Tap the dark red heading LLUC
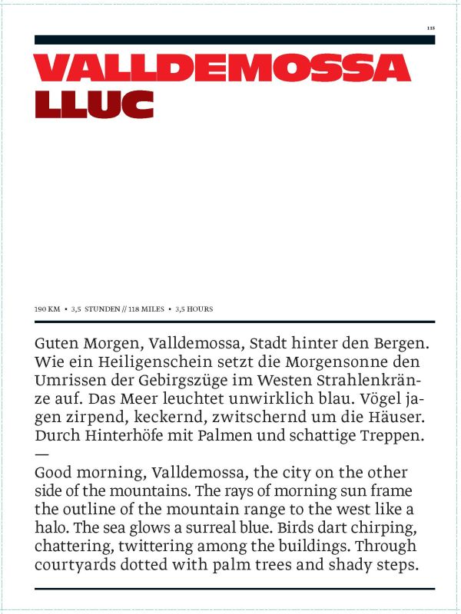click(x=94, y=104)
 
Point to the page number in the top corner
click(x=431, y=28)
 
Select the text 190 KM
click(x=47, y=309)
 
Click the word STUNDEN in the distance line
click(x=101, y=309)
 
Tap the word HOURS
click(x=199, y=309)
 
